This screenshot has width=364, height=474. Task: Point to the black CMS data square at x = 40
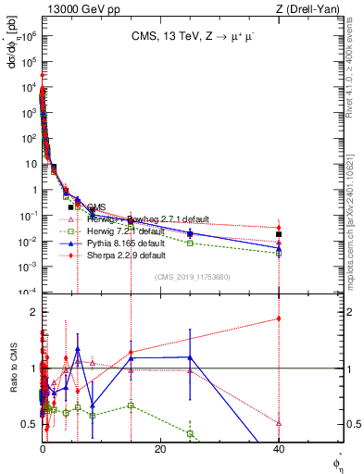(x=279, y=234)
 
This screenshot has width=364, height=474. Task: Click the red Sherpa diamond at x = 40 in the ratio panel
(x=279, y=318)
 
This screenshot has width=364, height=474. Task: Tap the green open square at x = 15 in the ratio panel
(x=132, y=405)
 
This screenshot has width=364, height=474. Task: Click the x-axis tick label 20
(x=160, y=449)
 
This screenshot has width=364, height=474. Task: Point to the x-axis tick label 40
(x=279, y=449)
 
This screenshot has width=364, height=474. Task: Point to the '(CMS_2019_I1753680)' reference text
(x=191, y=277)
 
